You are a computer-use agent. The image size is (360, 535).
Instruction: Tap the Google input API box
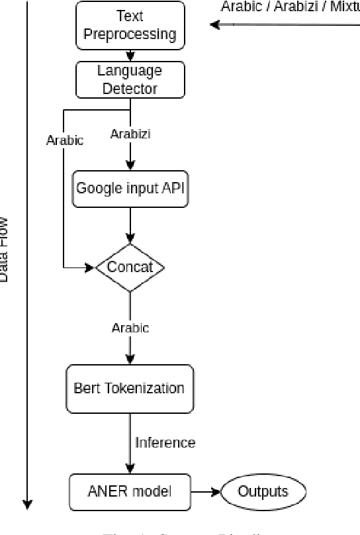(130, 188)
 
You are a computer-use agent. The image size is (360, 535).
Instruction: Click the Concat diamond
(130, 267)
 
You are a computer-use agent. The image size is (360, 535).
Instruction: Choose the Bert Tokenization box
(130, 388)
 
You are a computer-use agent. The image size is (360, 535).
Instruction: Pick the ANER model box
(130, 492)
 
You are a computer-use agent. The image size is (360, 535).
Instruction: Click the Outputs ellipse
(263, 492)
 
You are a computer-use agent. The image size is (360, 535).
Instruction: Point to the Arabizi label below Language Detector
(130, 134)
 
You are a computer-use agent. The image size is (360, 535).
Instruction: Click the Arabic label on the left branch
(65, 140)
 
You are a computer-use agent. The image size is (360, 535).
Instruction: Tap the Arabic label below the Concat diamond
(130, 328)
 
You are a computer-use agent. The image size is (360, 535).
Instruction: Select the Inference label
(165, 442)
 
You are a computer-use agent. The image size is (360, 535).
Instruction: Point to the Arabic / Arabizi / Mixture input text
(290, 7)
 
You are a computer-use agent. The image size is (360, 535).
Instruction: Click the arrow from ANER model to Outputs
(205, 492)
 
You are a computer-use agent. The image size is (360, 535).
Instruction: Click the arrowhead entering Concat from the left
(91, 267)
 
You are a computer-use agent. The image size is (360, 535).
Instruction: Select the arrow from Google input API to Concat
(130, 225)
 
